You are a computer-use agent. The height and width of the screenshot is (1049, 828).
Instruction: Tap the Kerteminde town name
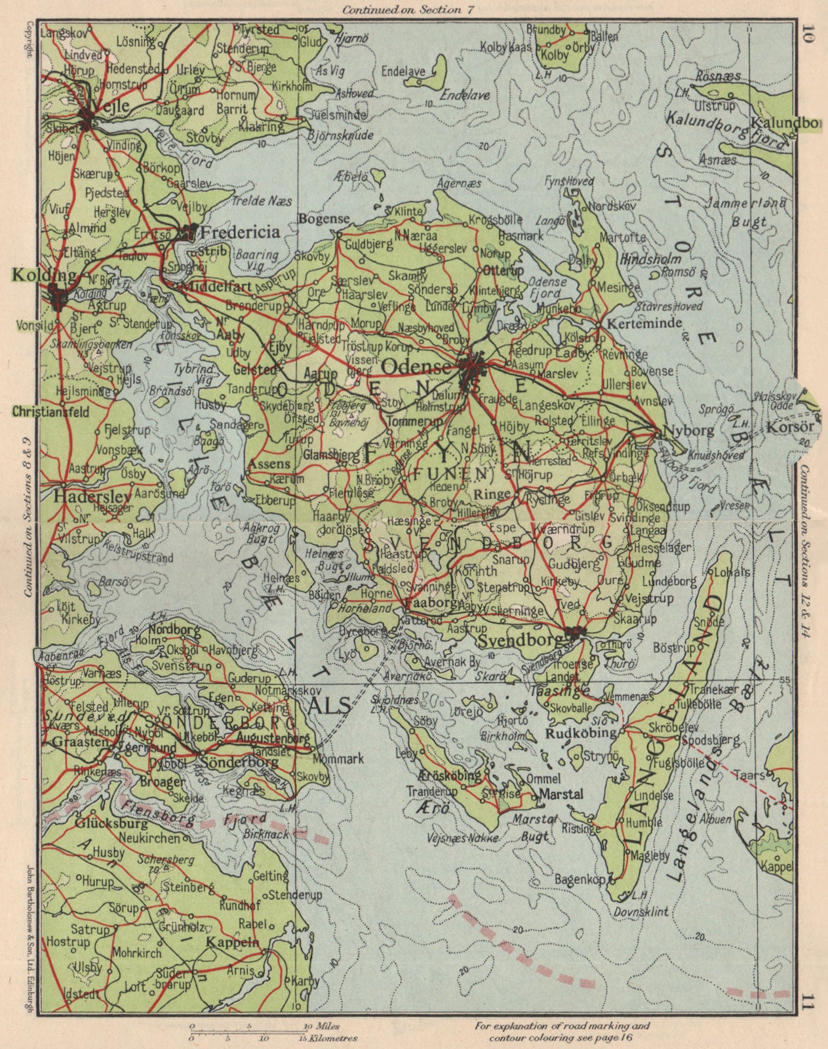[635, 324]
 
